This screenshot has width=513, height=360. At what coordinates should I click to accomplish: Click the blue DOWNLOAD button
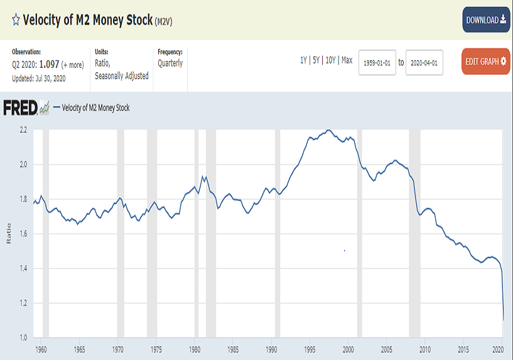[x=486, y=20]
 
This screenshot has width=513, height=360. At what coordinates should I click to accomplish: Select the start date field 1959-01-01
[x=377, y=63]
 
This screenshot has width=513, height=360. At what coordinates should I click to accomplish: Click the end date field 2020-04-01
[x=424, y=63]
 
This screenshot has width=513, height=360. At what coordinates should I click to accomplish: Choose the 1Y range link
[x=304, y=60]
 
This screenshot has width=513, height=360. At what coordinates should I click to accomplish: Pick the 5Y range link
[x=318, y=60]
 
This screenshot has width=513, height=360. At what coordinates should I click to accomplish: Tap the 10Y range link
[x=331, y=60]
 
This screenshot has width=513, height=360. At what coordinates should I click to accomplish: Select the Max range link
[x=347, y=60]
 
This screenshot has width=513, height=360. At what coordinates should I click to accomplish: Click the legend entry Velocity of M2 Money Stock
[x=95, y=108]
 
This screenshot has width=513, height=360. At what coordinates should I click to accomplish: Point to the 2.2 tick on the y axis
[x=23, y=130]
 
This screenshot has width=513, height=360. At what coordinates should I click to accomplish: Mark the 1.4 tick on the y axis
[x=23, y=269]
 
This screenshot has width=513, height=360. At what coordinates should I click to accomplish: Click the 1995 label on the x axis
[x=310, y=349]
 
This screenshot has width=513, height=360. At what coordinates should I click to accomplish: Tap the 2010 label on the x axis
[x=425, y=349]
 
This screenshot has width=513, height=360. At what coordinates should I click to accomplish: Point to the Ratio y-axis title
[x=8, y=234]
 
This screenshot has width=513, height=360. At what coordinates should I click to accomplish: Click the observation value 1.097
[x=49, y=65]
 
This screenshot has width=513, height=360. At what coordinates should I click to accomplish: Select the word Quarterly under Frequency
[x=170, y=63]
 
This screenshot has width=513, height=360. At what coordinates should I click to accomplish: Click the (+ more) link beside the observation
[x=72, y=65]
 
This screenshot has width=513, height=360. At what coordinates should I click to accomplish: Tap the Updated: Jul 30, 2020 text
[x=39, y=79]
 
